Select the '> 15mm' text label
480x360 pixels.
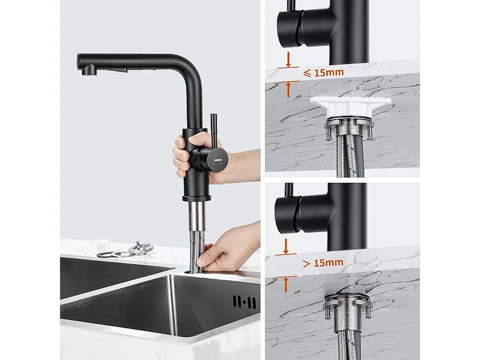click(x=323, y=262)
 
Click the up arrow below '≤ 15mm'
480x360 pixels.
click(x=288, y=89)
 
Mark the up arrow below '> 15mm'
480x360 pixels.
click(x=286, y=284)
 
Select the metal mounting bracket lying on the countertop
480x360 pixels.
click(x=141, y=249)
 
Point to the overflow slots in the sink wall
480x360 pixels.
click(x=244, y=301)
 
